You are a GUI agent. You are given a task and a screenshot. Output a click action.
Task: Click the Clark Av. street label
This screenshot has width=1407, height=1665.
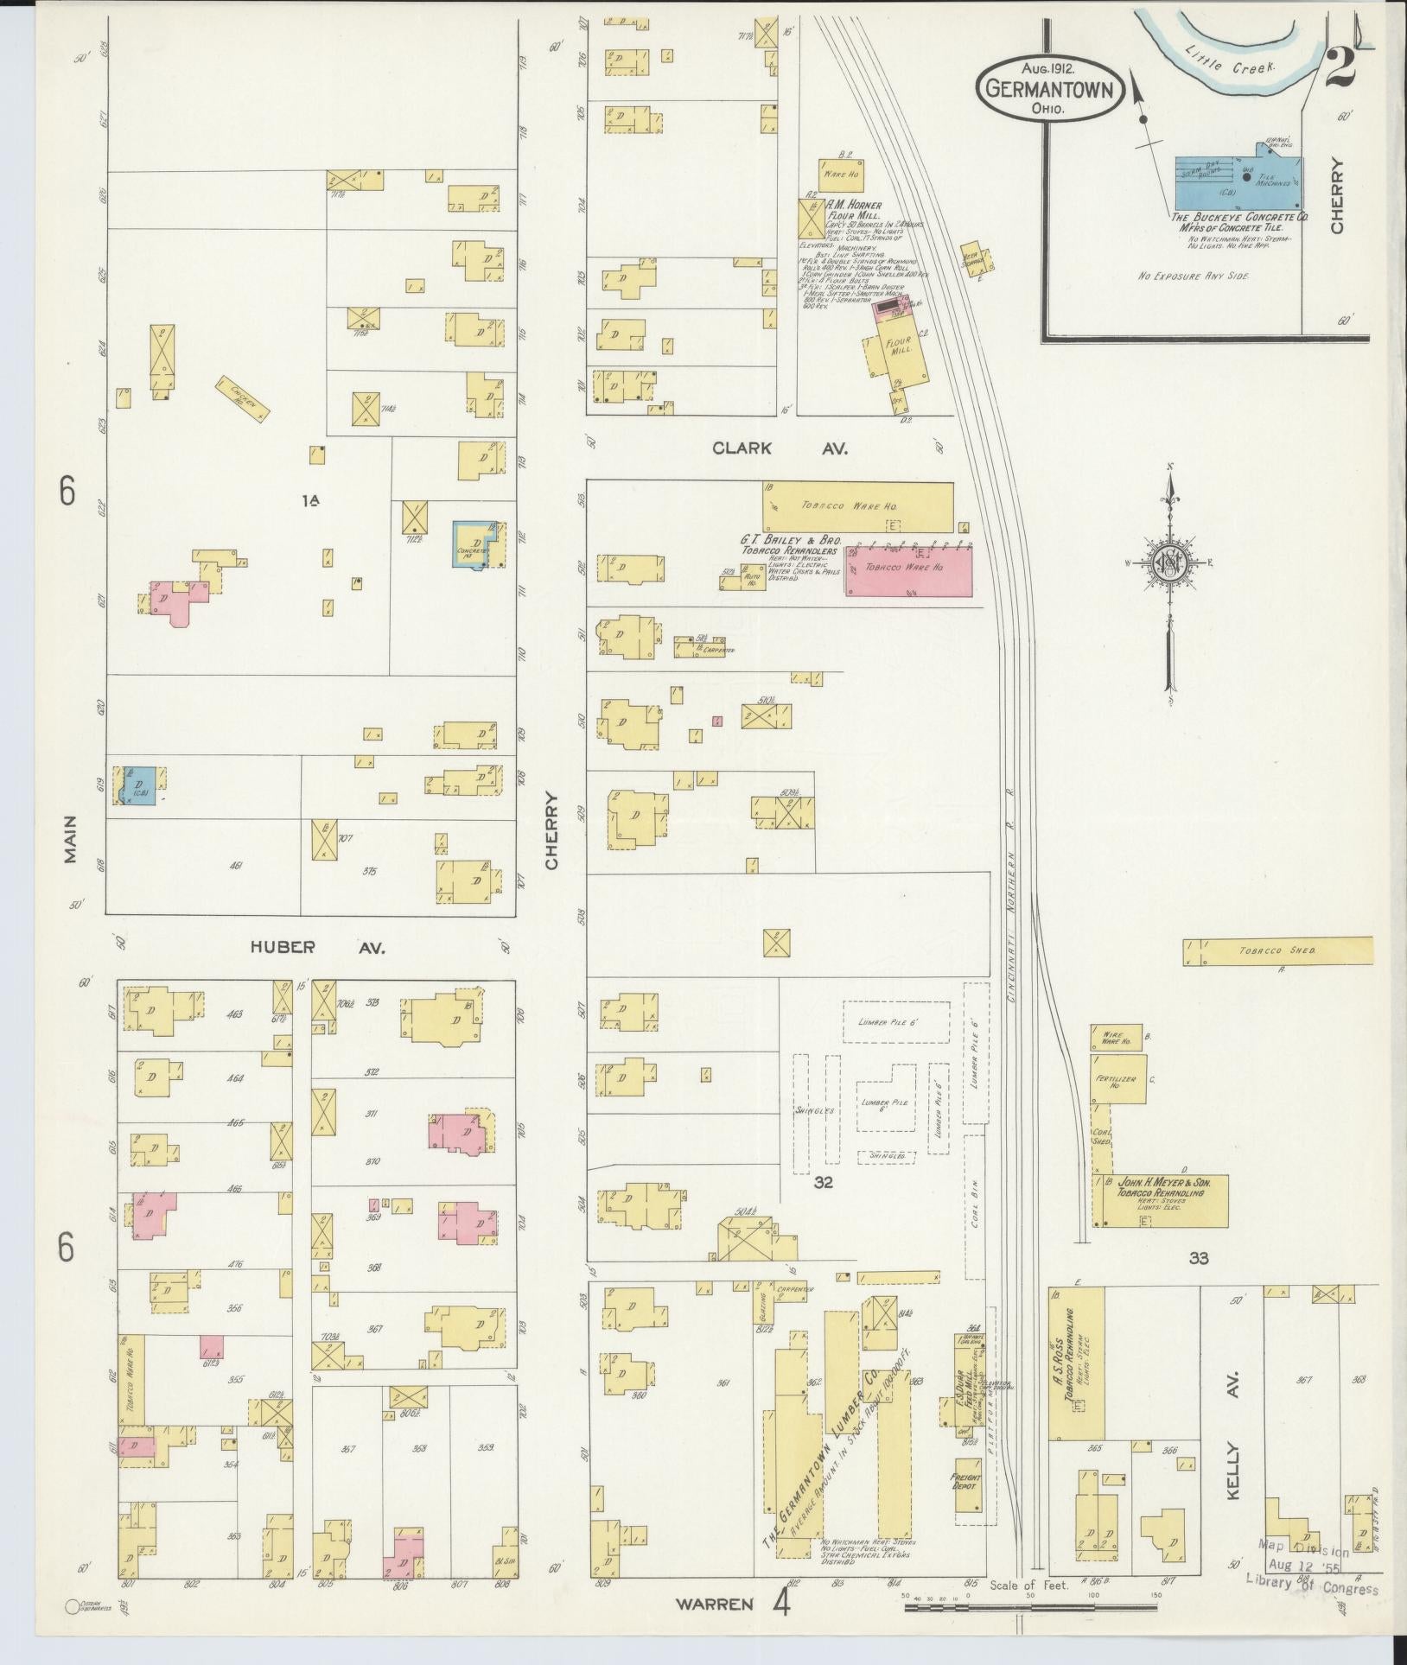pyautogui.click(x=780, y=448)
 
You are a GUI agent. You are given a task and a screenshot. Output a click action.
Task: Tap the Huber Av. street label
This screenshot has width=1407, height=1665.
pyautogui.click(x=317, y=948)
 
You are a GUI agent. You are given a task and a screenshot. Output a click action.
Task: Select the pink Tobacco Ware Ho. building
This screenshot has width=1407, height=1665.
pyautogui.click(x=908, y=569)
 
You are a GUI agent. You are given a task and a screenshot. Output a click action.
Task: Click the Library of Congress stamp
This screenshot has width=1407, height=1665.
pyautogui.click(x=1311, y=1574)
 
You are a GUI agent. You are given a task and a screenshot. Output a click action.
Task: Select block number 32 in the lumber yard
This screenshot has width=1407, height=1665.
pyautogui.click(x=822, y=1183)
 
